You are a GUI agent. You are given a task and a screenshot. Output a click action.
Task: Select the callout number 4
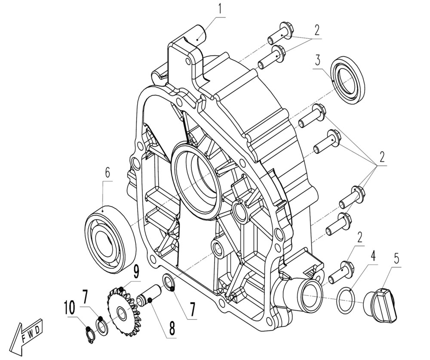[373, 257]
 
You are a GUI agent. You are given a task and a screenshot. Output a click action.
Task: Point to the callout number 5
[396, 259]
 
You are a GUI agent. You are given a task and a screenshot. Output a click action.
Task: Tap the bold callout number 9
[135, 271]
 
